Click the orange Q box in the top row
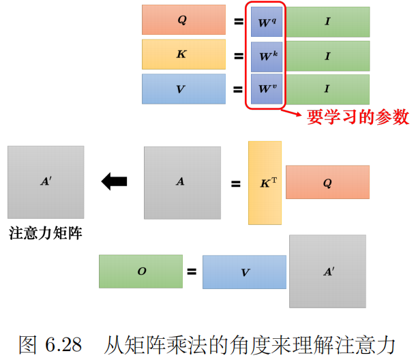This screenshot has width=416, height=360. [183, 20]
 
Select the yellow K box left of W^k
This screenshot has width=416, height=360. [183, 55]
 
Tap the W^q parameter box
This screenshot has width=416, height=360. [266, 22]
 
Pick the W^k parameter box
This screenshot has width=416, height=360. [266, 55]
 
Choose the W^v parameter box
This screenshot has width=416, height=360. [266, 89]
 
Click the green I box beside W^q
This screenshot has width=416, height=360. [327, 22]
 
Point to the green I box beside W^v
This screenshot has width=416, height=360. [327, 89]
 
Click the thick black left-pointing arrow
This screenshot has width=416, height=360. [114, 181]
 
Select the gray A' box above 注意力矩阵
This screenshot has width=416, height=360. [46, 182]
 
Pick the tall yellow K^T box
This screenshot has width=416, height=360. [265, 183]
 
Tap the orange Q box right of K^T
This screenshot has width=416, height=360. [327, 182]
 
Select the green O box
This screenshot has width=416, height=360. [140, 271]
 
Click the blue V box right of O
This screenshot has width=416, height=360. [244, 272]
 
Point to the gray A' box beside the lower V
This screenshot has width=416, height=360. [327, 271]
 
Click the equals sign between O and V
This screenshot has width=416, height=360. [192, 272]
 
